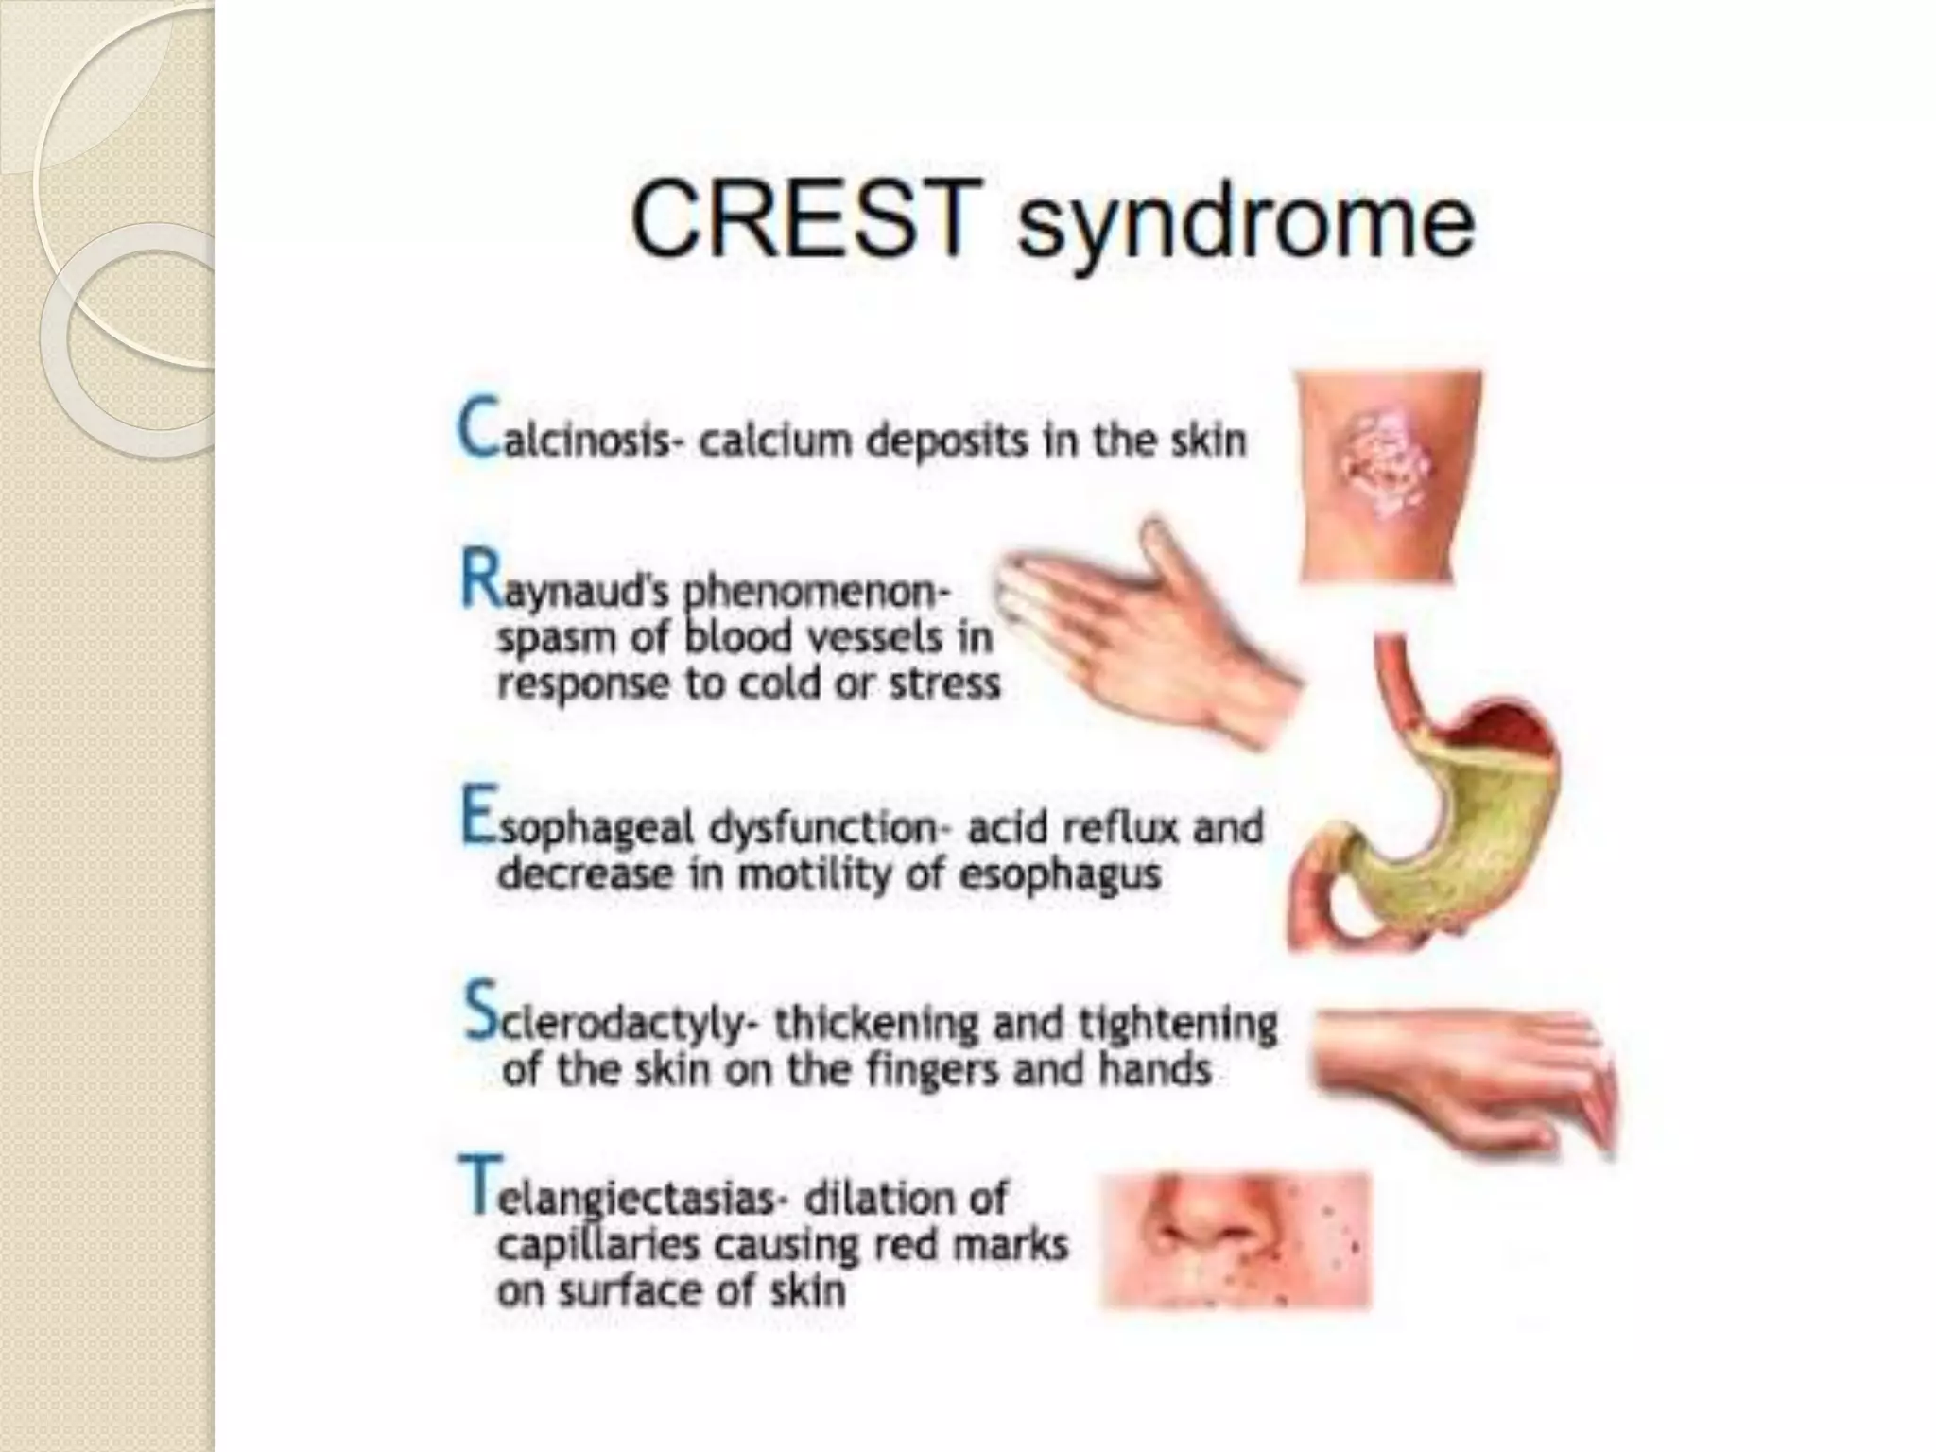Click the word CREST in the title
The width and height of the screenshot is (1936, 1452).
804,219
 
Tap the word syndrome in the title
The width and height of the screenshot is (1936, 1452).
1244,227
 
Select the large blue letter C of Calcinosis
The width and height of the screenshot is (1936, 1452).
478,428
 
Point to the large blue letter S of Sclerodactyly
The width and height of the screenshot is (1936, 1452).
480,1011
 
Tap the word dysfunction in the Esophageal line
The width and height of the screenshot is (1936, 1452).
823,829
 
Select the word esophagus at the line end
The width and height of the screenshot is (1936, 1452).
1059,875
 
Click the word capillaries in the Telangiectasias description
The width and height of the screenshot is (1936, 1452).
599,1246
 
